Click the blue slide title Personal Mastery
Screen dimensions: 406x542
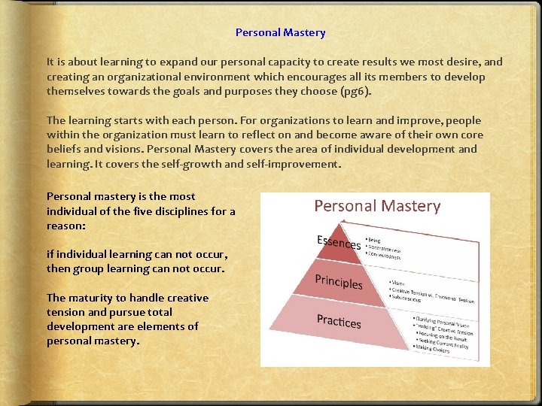coord(280,32)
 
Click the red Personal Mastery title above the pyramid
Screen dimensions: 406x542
coord(376,206)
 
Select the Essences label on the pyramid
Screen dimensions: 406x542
coord(338,243)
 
